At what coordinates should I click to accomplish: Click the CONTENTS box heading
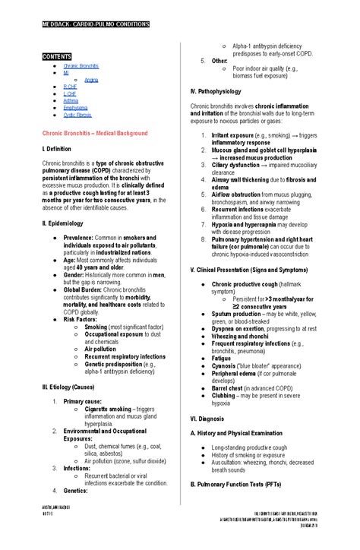[x=58, y=55]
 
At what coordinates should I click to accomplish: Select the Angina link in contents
[x=91, y=80]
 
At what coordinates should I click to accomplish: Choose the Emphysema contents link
[x=75, y=108]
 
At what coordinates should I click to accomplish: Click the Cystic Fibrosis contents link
[x=77, y=115]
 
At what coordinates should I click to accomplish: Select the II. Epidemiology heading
[x=62, y=223]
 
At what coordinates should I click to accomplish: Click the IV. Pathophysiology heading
[x=221, y=91]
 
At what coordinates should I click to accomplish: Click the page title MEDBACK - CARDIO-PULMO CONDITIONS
[x=95, y=24]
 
